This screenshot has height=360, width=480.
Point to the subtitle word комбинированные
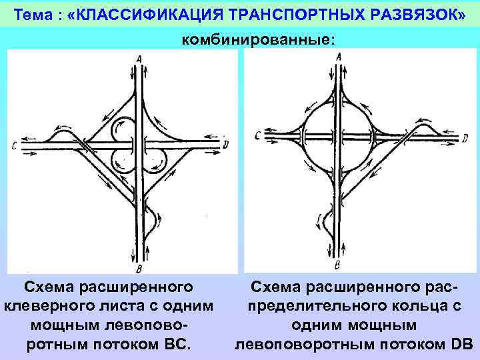pos(256,40)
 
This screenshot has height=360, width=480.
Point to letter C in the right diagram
pos(257,137)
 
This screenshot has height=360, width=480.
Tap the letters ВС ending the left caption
pos(179,344)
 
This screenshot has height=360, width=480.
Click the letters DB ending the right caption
pos(461,344)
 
